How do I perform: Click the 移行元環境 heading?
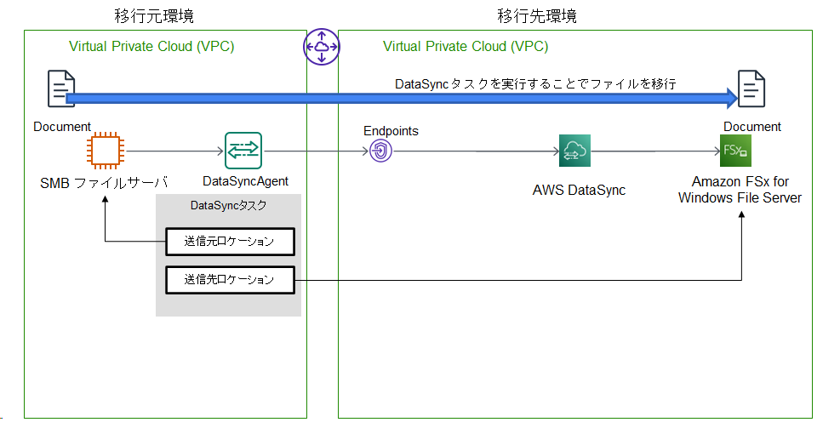[154, 16]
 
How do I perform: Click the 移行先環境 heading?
[537, 16]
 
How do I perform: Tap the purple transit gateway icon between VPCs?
[322, 47]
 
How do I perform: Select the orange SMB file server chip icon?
[105, 151]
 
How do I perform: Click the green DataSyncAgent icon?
[243, 151]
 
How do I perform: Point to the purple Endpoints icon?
[381, 151]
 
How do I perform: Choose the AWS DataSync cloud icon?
[574, 151]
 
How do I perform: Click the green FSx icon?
[736, 151]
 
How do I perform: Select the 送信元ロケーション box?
[230, 242]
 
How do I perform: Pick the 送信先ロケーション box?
[230, 280]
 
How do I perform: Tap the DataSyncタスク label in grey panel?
[228, 206]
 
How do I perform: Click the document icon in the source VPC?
[61, 88]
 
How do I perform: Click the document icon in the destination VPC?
[751, 88]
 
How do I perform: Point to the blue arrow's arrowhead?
[732, 98]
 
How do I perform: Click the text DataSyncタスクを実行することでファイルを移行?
[535, 84]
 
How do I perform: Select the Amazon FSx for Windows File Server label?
[740, 190]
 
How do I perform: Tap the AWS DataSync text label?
[579, 190]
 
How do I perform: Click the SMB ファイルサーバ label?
[104, 183]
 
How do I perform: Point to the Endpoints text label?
[391, 131]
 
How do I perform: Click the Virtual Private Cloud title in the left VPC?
[151, 47]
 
